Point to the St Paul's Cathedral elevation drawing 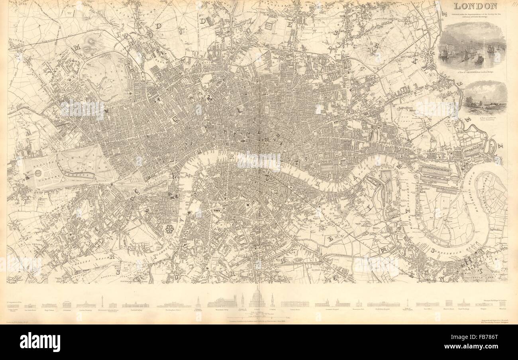point(257,299)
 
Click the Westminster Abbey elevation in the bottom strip point(222,302)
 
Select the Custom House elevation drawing point(294,304)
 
